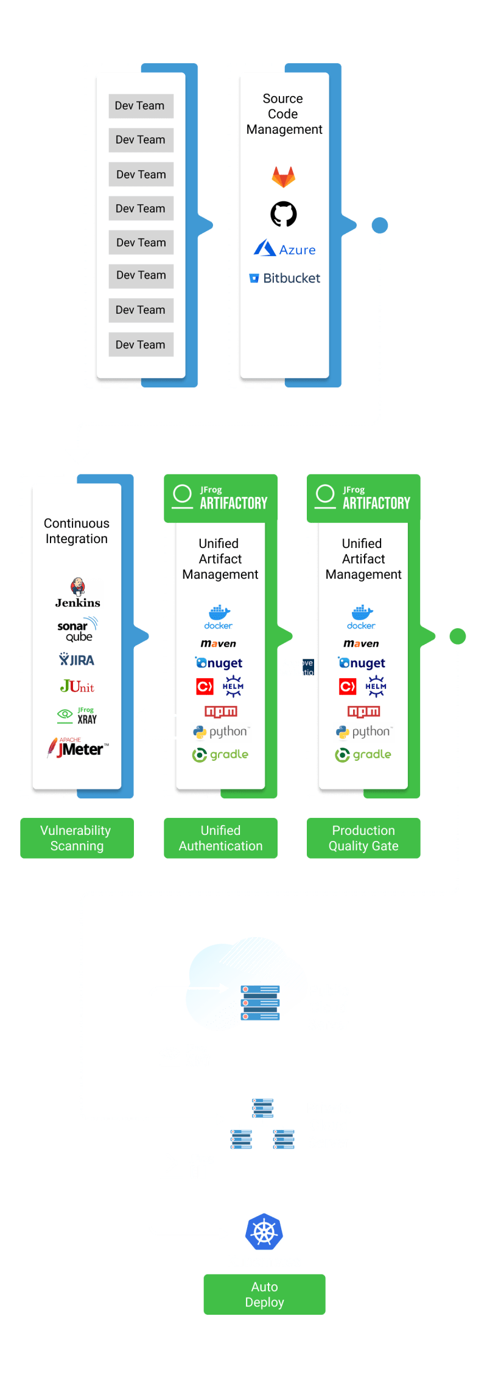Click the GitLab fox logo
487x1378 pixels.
coord(283,177)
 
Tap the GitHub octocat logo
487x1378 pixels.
coord(283,213)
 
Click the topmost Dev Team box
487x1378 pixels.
coord(141,106)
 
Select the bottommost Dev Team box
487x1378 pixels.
coord(141,344)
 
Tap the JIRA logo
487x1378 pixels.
coord(77,660)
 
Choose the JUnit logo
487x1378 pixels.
coord(77,687)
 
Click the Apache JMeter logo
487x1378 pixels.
coord(77,748)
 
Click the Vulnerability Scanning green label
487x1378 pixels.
coord(77,837)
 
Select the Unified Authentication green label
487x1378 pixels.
coord(220,837)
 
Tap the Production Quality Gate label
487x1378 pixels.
coord(363,837)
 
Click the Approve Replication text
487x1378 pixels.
coord(298,668)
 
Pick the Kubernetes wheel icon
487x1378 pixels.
coord(264,1232)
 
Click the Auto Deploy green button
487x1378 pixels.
coord(264,1294)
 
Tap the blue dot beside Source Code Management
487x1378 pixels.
coord(380,226)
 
